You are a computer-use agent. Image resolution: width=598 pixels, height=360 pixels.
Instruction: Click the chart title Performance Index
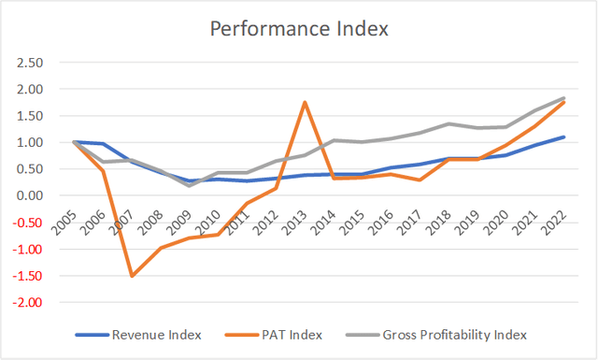298,27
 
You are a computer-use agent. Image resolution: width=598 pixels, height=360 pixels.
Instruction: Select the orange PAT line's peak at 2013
305,102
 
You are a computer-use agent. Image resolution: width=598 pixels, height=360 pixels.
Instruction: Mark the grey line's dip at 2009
189,185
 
